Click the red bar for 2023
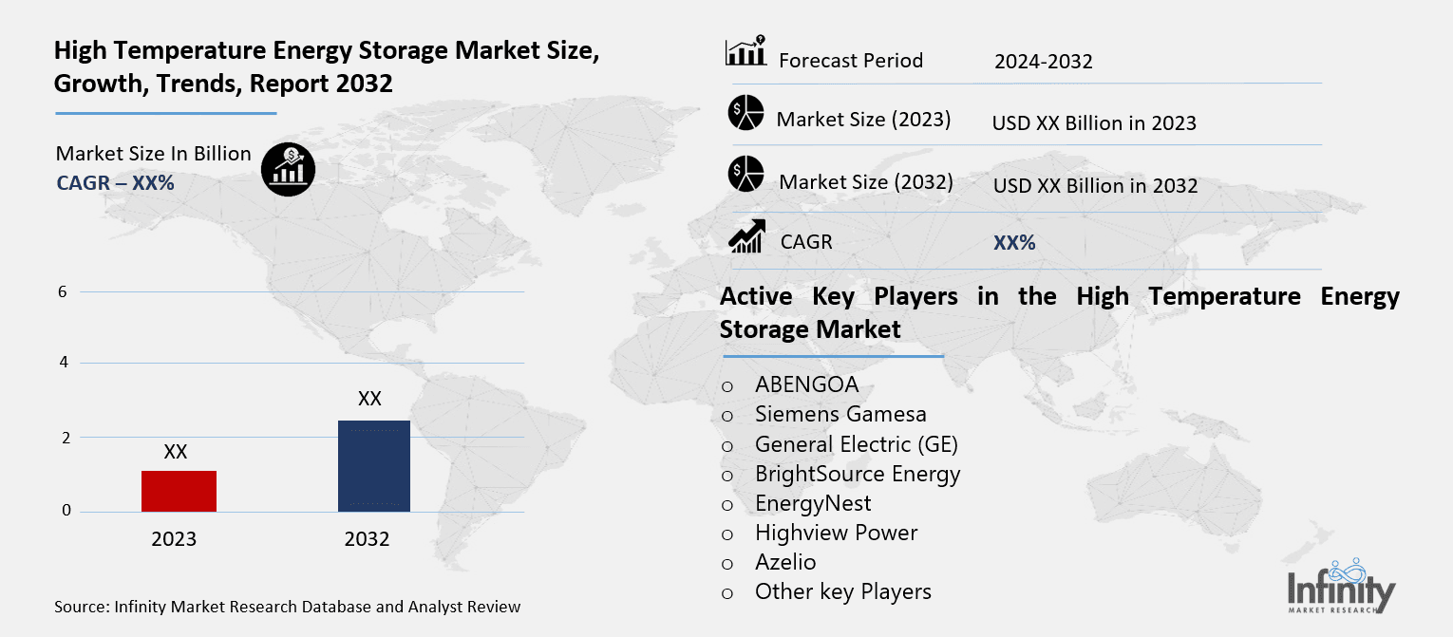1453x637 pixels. pyautogui.click(x=179, y=491)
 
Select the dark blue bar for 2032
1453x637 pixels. pyautogui.click(x=373, y=466)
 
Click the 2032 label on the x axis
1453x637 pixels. pyautogui.click(x=367, y=539)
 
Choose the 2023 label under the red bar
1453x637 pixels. pyautogui.click(x=174, y=539)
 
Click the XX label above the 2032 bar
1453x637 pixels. pyautogui.click(x=369, y=399)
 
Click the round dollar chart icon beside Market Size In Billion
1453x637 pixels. pyautogui.click(x=288, y=170)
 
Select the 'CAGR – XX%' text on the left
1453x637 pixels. pyautogui.click(x=115, y=183)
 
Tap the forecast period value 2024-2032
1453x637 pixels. pyautogui.click(x=1043, y=62)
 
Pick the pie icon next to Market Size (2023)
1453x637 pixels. pyautogui.click(x=745, y=114)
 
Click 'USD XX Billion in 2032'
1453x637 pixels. pyautogui.click(x=1095, y=186)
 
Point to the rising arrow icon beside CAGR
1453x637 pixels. pyautogui.click(x=746, y=236)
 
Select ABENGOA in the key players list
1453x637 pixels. pyautogui.click(x=806, y=384)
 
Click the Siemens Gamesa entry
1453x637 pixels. pyautogui.click(x=840, y=414)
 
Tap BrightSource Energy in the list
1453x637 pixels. pyautogui.click(x=857, y=473)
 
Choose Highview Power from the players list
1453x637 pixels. pyautogui.click(x=836, y=533)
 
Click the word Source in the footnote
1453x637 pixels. pyautogui.click(x=82, y=607)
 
